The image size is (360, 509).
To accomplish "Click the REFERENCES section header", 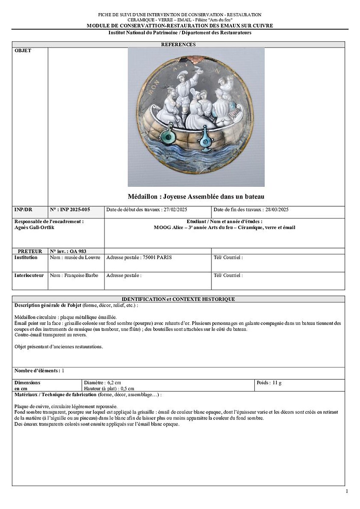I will (178, 45).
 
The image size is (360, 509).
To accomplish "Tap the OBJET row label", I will (23, 51).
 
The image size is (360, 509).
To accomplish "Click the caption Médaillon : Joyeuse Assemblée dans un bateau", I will (196, 196).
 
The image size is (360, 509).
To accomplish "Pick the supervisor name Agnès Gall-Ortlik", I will (34, 227).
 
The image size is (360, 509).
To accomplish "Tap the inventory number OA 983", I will (76, 251).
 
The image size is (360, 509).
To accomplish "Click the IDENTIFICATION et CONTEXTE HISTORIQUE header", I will (178, 299).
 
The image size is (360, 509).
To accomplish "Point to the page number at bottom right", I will (347, 491).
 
